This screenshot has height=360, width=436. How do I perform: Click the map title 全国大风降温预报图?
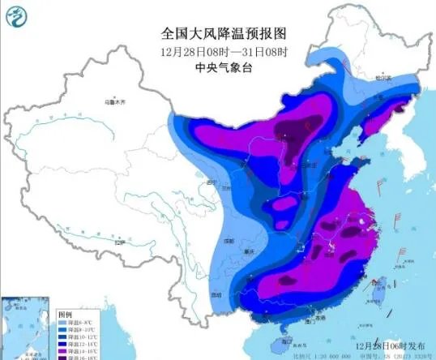[224, 33]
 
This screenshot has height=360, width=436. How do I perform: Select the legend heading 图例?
[66, 313]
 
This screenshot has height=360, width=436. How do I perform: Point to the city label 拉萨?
[119, 242]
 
